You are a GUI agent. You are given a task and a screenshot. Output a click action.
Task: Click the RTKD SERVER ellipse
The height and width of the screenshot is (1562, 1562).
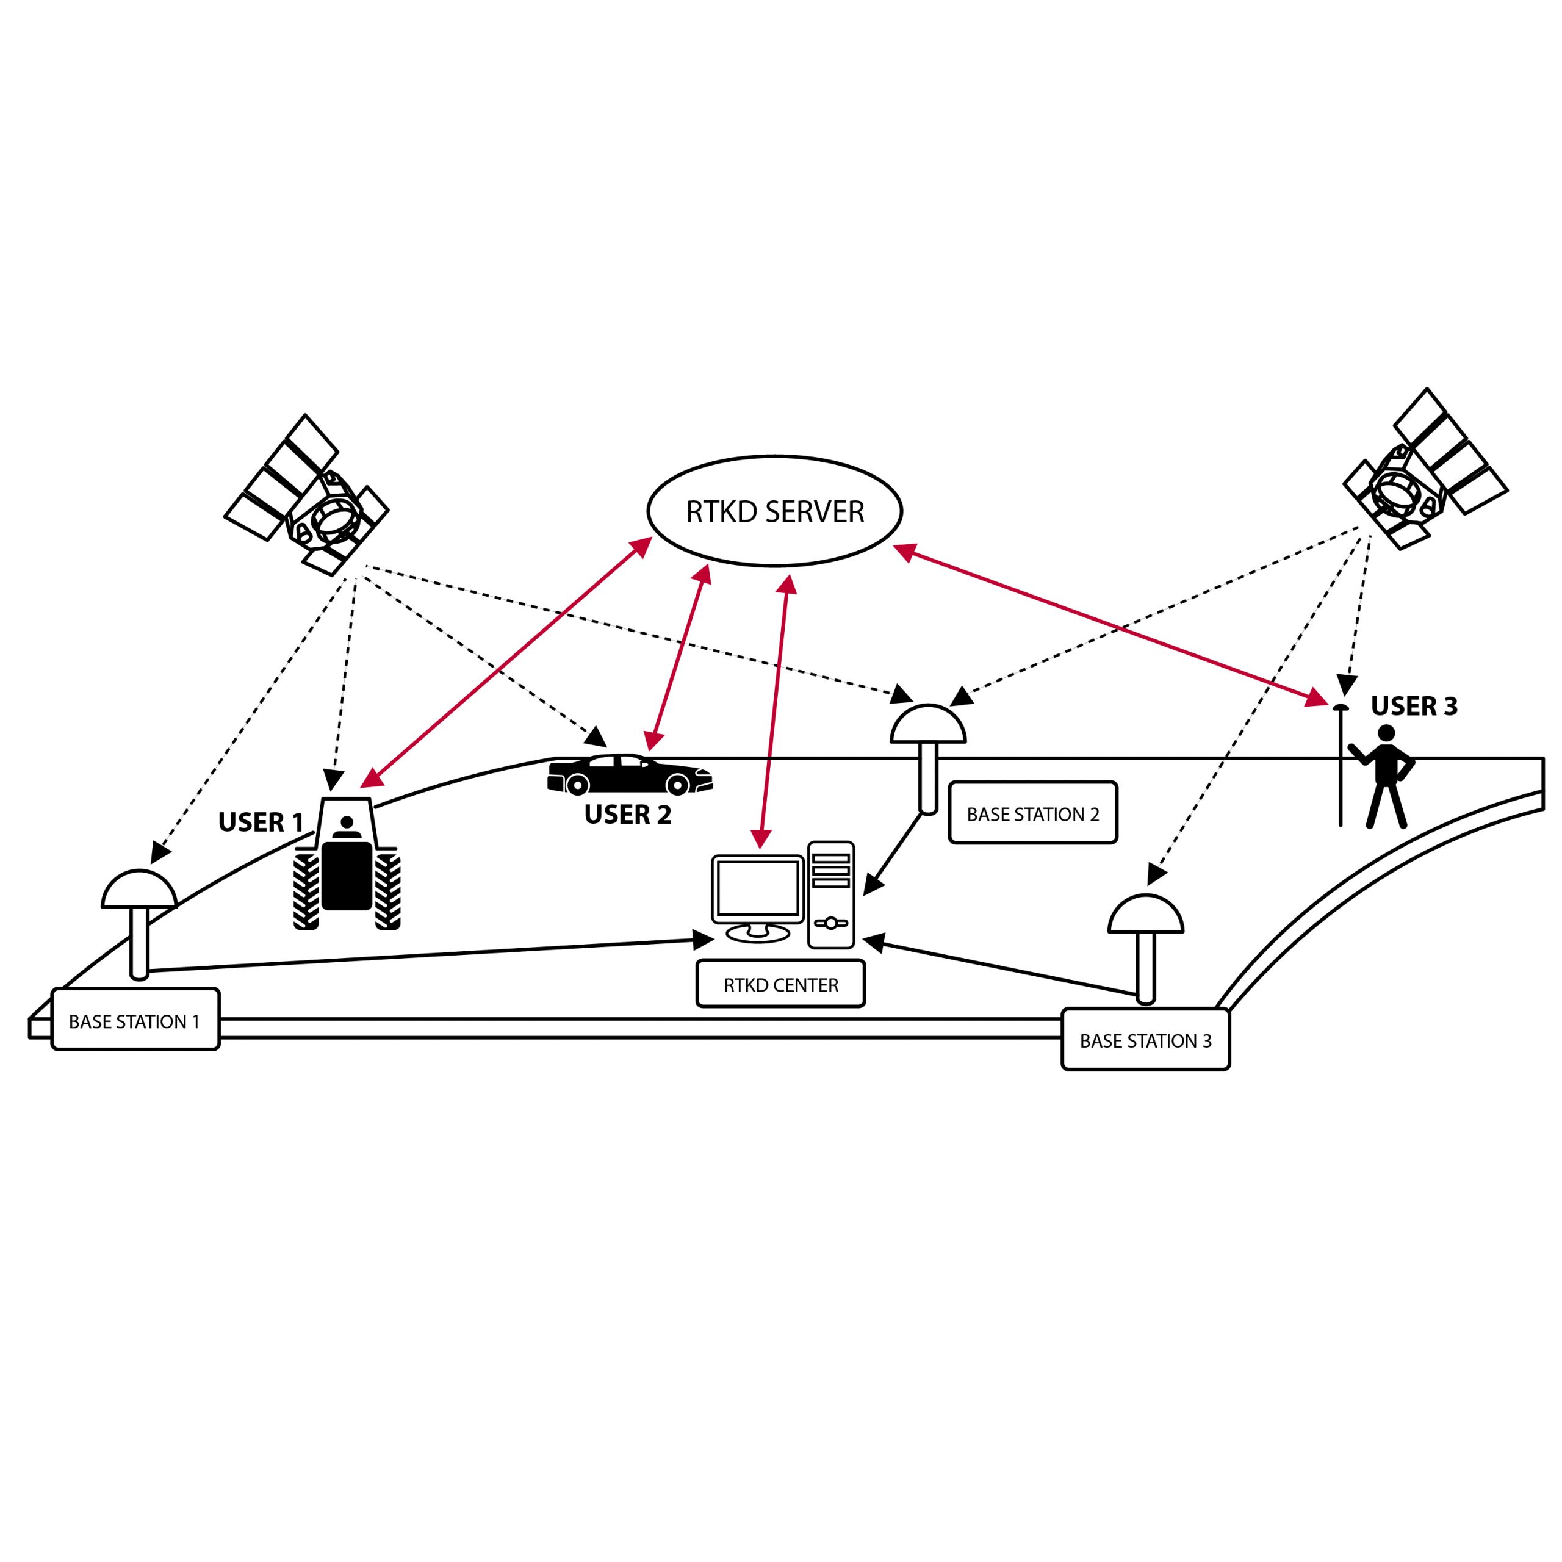774,511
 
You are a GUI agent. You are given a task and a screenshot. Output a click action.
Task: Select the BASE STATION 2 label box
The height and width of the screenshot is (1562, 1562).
1032,814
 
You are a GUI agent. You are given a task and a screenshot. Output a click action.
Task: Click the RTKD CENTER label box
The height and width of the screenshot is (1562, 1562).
780,985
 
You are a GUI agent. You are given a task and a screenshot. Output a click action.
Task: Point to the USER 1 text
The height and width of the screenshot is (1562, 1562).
261,822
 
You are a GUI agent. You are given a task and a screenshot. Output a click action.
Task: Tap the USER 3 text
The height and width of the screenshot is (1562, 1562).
1414,707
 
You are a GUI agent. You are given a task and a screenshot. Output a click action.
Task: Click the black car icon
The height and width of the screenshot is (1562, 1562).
630,774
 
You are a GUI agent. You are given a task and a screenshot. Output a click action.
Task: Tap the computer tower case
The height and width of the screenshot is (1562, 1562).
830,894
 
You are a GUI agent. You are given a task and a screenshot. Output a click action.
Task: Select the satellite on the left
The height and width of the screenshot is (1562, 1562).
308,497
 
